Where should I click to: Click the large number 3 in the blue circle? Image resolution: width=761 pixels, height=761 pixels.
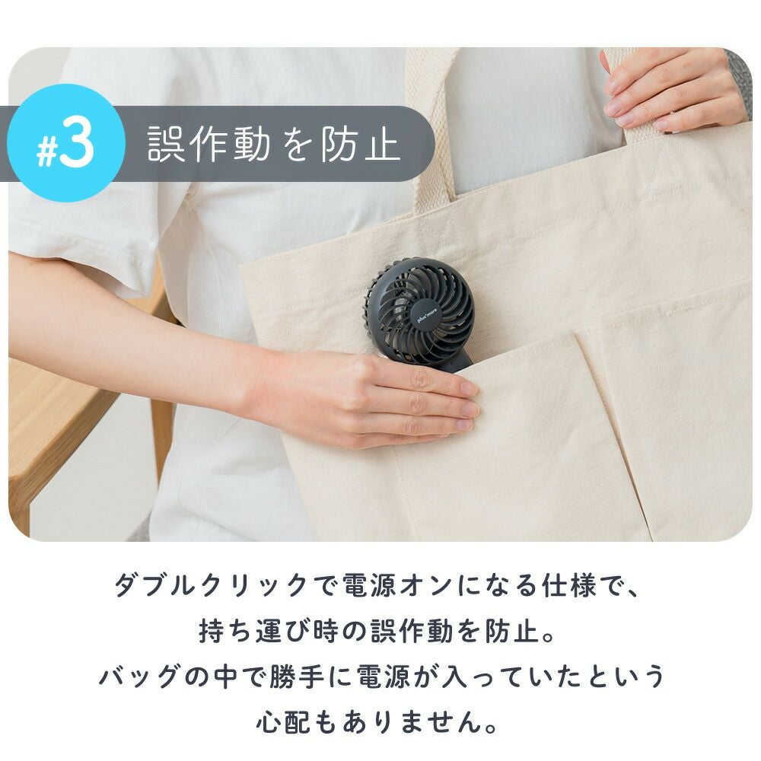coord(77,143)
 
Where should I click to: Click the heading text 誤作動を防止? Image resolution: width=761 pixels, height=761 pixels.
coord(273,144)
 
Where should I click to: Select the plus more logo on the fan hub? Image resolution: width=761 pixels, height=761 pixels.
coord(427,314)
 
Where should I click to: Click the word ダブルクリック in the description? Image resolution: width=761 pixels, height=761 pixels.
coord(211,585)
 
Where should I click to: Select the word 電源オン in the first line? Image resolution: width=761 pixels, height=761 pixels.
coord(398,585)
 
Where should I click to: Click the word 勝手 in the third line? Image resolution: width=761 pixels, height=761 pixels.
coord(296,676)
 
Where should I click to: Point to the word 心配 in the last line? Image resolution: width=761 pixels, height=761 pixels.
coord(283,721)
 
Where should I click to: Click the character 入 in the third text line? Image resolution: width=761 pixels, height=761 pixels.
coord(454,676)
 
